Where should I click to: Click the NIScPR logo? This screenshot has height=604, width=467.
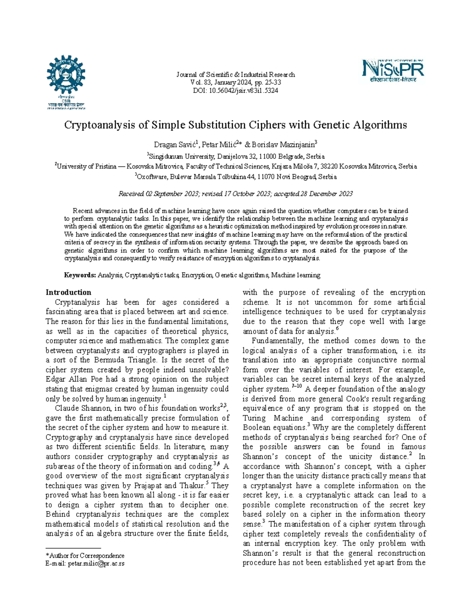(x=393, y=70)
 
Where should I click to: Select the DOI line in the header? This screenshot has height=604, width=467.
(x=235, y=91)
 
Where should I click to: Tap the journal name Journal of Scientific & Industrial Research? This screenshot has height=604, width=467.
(x=235, y=75)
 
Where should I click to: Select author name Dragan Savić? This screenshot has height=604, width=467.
(x=176, y=145)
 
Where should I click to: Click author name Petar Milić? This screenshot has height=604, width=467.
(x=220, y=145)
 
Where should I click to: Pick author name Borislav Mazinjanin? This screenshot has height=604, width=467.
(x=284, y=145)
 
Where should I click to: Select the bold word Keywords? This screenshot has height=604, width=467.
(x=80, y=275)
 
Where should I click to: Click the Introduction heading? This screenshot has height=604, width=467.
(x=68, y=292)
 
